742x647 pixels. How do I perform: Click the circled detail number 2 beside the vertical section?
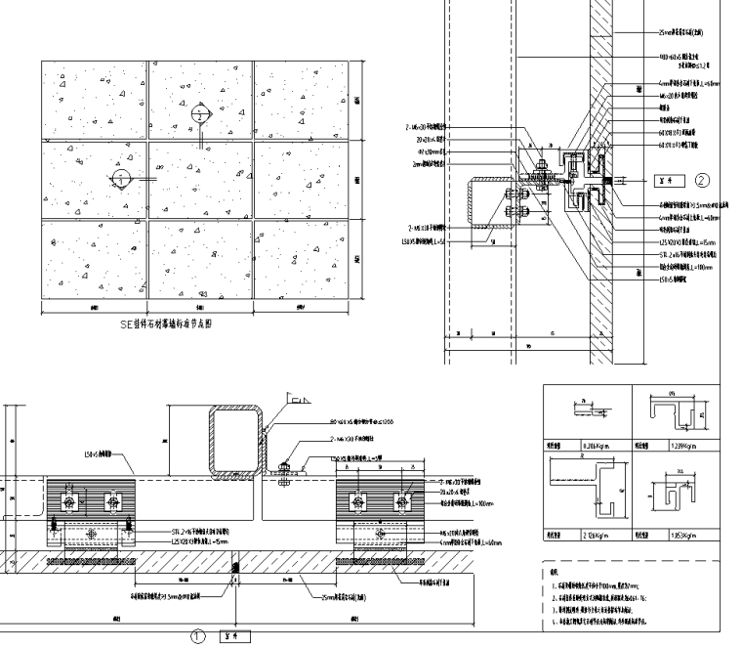click(x=701, y=180)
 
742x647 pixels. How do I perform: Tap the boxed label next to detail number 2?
click(x=667, y=180)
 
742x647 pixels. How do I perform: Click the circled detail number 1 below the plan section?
click(x=197, y=634)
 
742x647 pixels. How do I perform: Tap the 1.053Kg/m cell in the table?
click(x=684, y=535)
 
